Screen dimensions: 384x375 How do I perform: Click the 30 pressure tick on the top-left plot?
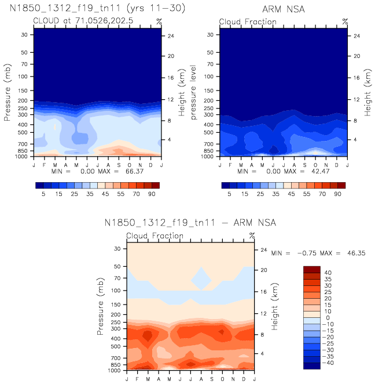click(x=25, y=34)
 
